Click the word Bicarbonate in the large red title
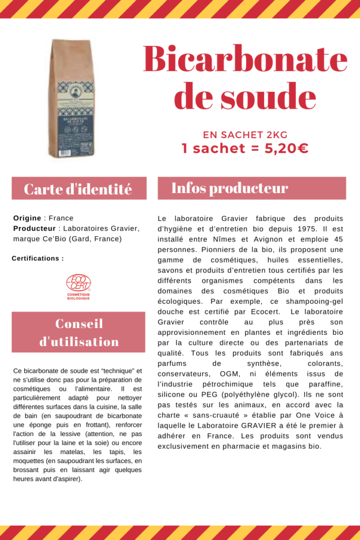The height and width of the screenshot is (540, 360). coord(245,60)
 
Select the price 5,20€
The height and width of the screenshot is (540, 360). coord(286,149)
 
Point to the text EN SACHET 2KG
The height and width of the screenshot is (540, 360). coord(245,134)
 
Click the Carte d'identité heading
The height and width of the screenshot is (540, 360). coord(79,189)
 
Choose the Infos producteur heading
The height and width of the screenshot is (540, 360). coord(230,188)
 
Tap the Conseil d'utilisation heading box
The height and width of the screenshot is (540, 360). coord(79,332)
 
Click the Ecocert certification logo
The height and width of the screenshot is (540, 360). coord(78,286)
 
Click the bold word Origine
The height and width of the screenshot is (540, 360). coord(27,218)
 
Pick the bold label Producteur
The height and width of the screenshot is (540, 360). coord(34,228)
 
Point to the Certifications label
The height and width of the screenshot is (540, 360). coord(37,258)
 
